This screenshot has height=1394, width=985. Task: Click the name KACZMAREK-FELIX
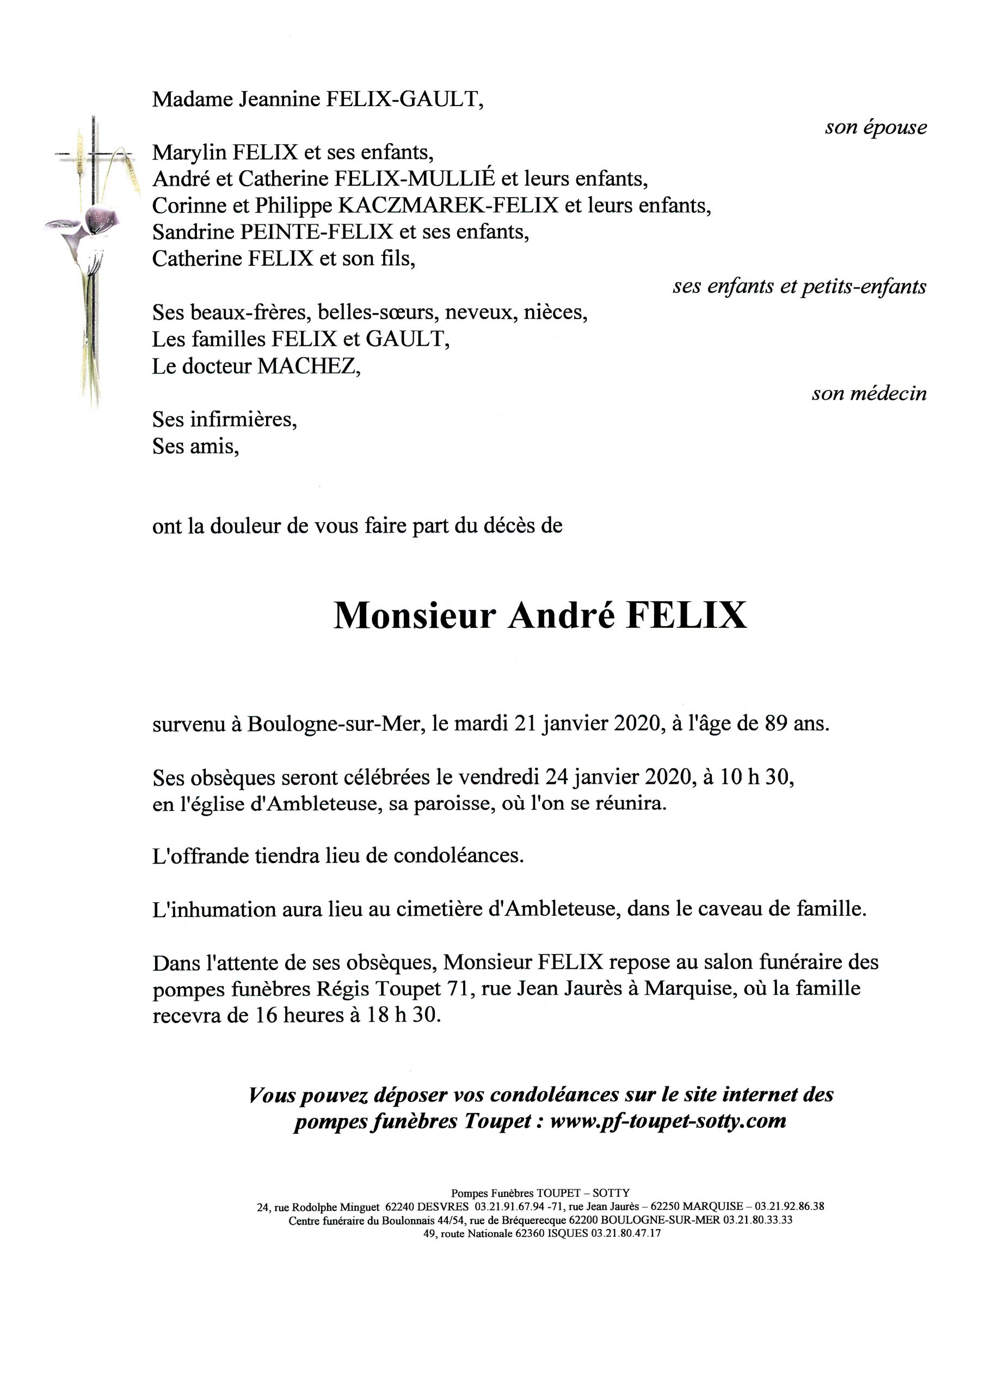pyautogui.click(x=447, y=206)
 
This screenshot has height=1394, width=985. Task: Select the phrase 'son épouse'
pyautogui.click(x=875, y=127)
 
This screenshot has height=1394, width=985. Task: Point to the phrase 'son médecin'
pyautogui.click(x=869, y=394)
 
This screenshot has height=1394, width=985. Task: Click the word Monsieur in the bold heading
pyautogui.click(x=415, y=616)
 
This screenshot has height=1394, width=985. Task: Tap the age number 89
pyautogui.click(x=776, y=724)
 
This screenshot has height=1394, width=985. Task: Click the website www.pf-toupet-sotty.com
pyautogui.click(x=668, y=1120)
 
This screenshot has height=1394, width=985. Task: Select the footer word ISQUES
pyautogui.click(x=568, y=1233)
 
